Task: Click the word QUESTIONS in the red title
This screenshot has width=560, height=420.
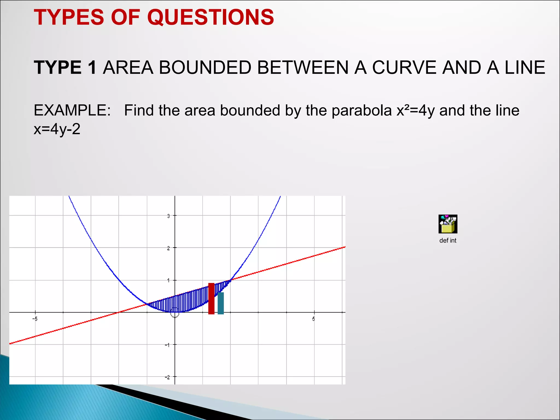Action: point(211,17)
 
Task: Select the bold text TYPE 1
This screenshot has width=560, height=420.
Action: point(65,68)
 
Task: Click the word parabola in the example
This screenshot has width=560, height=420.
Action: point(362,111)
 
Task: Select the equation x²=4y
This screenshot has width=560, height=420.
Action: point(416,111)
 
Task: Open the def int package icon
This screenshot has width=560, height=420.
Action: point(448,224)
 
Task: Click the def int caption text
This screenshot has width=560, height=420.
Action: point(448,241)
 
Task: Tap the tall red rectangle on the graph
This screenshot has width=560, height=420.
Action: point(211,299)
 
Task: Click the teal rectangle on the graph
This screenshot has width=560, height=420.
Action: point(221,303)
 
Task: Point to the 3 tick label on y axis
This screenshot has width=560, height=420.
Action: point(168,216)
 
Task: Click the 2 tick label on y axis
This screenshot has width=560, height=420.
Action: point(168,248)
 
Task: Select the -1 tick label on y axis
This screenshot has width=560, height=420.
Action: point(167,345)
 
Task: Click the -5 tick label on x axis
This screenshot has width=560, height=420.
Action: point(35,319)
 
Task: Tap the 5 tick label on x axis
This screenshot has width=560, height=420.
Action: point(314,319)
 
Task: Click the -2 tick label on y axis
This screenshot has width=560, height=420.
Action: point(167,377)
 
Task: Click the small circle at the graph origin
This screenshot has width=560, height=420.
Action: point(175,315)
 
